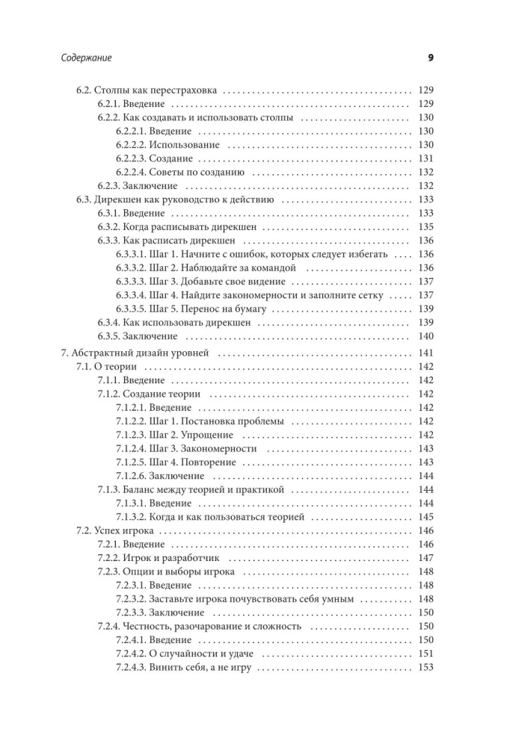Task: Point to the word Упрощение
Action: pyautogui.click(x=208, y=436)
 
